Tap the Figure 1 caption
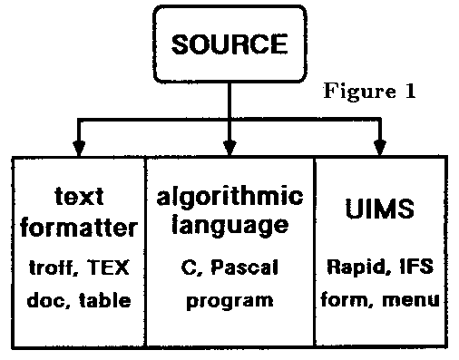(x=369, y=92)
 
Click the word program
(x=230, y=297)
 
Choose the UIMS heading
(x=381, y=209)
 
